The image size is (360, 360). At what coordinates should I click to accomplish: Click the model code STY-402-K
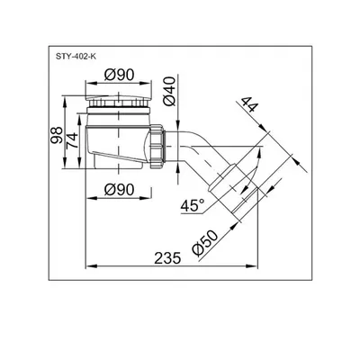[76, 57]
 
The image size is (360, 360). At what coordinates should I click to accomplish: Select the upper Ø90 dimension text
[119, 75]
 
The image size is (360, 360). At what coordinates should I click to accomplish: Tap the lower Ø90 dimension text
[119, 190]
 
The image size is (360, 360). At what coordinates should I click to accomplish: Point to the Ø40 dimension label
[169, 91]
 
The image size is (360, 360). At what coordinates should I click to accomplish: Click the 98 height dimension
[57, 135]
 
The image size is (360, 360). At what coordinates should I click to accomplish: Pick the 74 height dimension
[72, 140]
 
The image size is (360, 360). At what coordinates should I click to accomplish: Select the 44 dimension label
[249, 104]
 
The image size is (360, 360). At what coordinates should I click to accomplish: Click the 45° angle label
[193, 206]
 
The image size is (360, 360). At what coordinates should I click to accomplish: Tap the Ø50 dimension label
[206, 243]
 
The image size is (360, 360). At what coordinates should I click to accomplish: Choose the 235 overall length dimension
[167, 258]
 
